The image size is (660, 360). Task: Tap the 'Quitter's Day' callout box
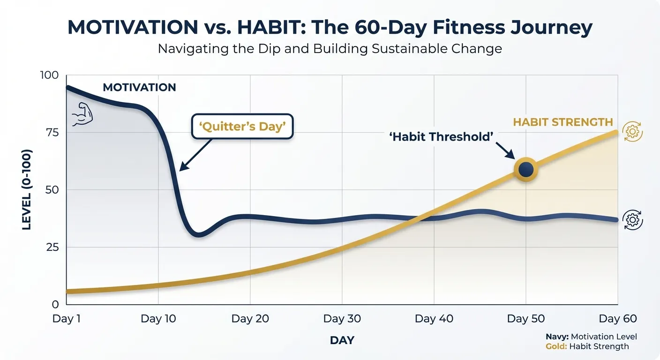(242, 126)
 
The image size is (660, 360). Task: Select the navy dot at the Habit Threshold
(526, 169)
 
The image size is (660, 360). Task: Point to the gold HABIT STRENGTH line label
(562, 122)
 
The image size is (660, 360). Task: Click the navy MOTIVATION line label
(139, 88)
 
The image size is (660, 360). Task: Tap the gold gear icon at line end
(632, 132)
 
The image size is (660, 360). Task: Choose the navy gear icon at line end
(632, 220)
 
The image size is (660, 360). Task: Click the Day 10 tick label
(158, 319)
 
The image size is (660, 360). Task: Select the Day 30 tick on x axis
(342, 319)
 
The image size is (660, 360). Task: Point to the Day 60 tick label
(618, 319)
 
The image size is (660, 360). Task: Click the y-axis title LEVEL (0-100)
(27, 190)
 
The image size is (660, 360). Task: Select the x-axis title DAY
(342, 340)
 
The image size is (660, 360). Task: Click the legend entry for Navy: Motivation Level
(591, 337)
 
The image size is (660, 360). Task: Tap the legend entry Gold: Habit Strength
(587, 346)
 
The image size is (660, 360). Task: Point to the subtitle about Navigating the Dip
(330, 49)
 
